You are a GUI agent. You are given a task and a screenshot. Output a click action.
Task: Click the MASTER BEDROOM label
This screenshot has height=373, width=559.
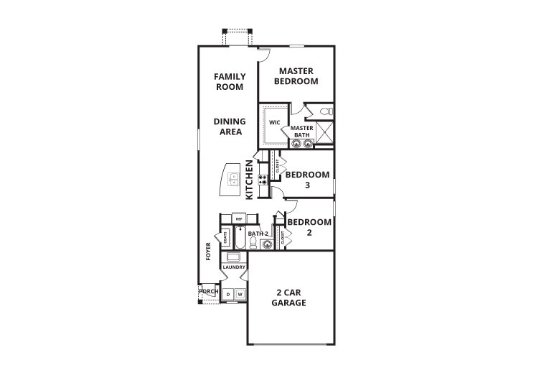(299, 76)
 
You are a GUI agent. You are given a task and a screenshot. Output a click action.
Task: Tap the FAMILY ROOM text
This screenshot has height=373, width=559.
(230, 81)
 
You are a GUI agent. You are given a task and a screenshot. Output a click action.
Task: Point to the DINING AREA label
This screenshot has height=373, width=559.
(229, 126)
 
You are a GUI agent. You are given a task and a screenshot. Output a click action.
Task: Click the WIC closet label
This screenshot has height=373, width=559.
(274, 122)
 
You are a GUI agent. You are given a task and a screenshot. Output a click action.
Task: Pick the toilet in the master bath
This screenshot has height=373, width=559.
(324, 112)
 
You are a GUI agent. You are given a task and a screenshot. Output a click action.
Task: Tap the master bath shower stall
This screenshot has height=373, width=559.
(324, 133)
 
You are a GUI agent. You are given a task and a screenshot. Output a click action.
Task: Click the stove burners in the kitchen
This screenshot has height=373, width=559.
(263, 180)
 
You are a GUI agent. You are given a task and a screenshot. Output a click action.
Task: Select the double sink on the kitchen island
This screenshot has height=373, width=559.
(234, 179)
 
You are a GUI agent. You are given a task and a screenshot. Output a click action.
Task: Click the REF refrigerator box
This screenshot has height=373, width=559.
(240, 218)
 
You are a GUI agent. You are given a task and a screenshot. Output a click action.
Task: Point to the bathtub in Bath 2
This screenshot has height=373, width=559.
(240, 239)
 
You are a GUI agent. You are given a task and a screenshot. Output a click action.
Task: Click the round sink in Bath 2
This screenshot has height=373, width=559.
(267, 244)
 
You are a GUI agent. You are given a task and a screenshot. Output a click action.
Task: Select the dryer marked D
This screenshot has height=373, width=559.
(227, 295)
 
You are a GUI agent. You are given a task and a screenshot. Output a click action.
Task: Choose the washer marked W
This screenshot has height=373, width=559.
(240, 295)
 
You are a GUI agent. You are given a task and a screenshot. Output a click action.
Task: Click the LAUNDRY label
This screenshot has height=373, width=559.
(234, 267)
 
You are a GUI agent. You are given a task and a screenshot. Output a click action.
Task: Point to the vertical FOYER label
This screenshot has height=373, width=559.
(209, 252)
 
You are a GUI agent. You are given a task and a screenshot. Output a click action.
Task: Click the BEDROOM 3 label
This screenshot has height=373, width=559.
(307, 179)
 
